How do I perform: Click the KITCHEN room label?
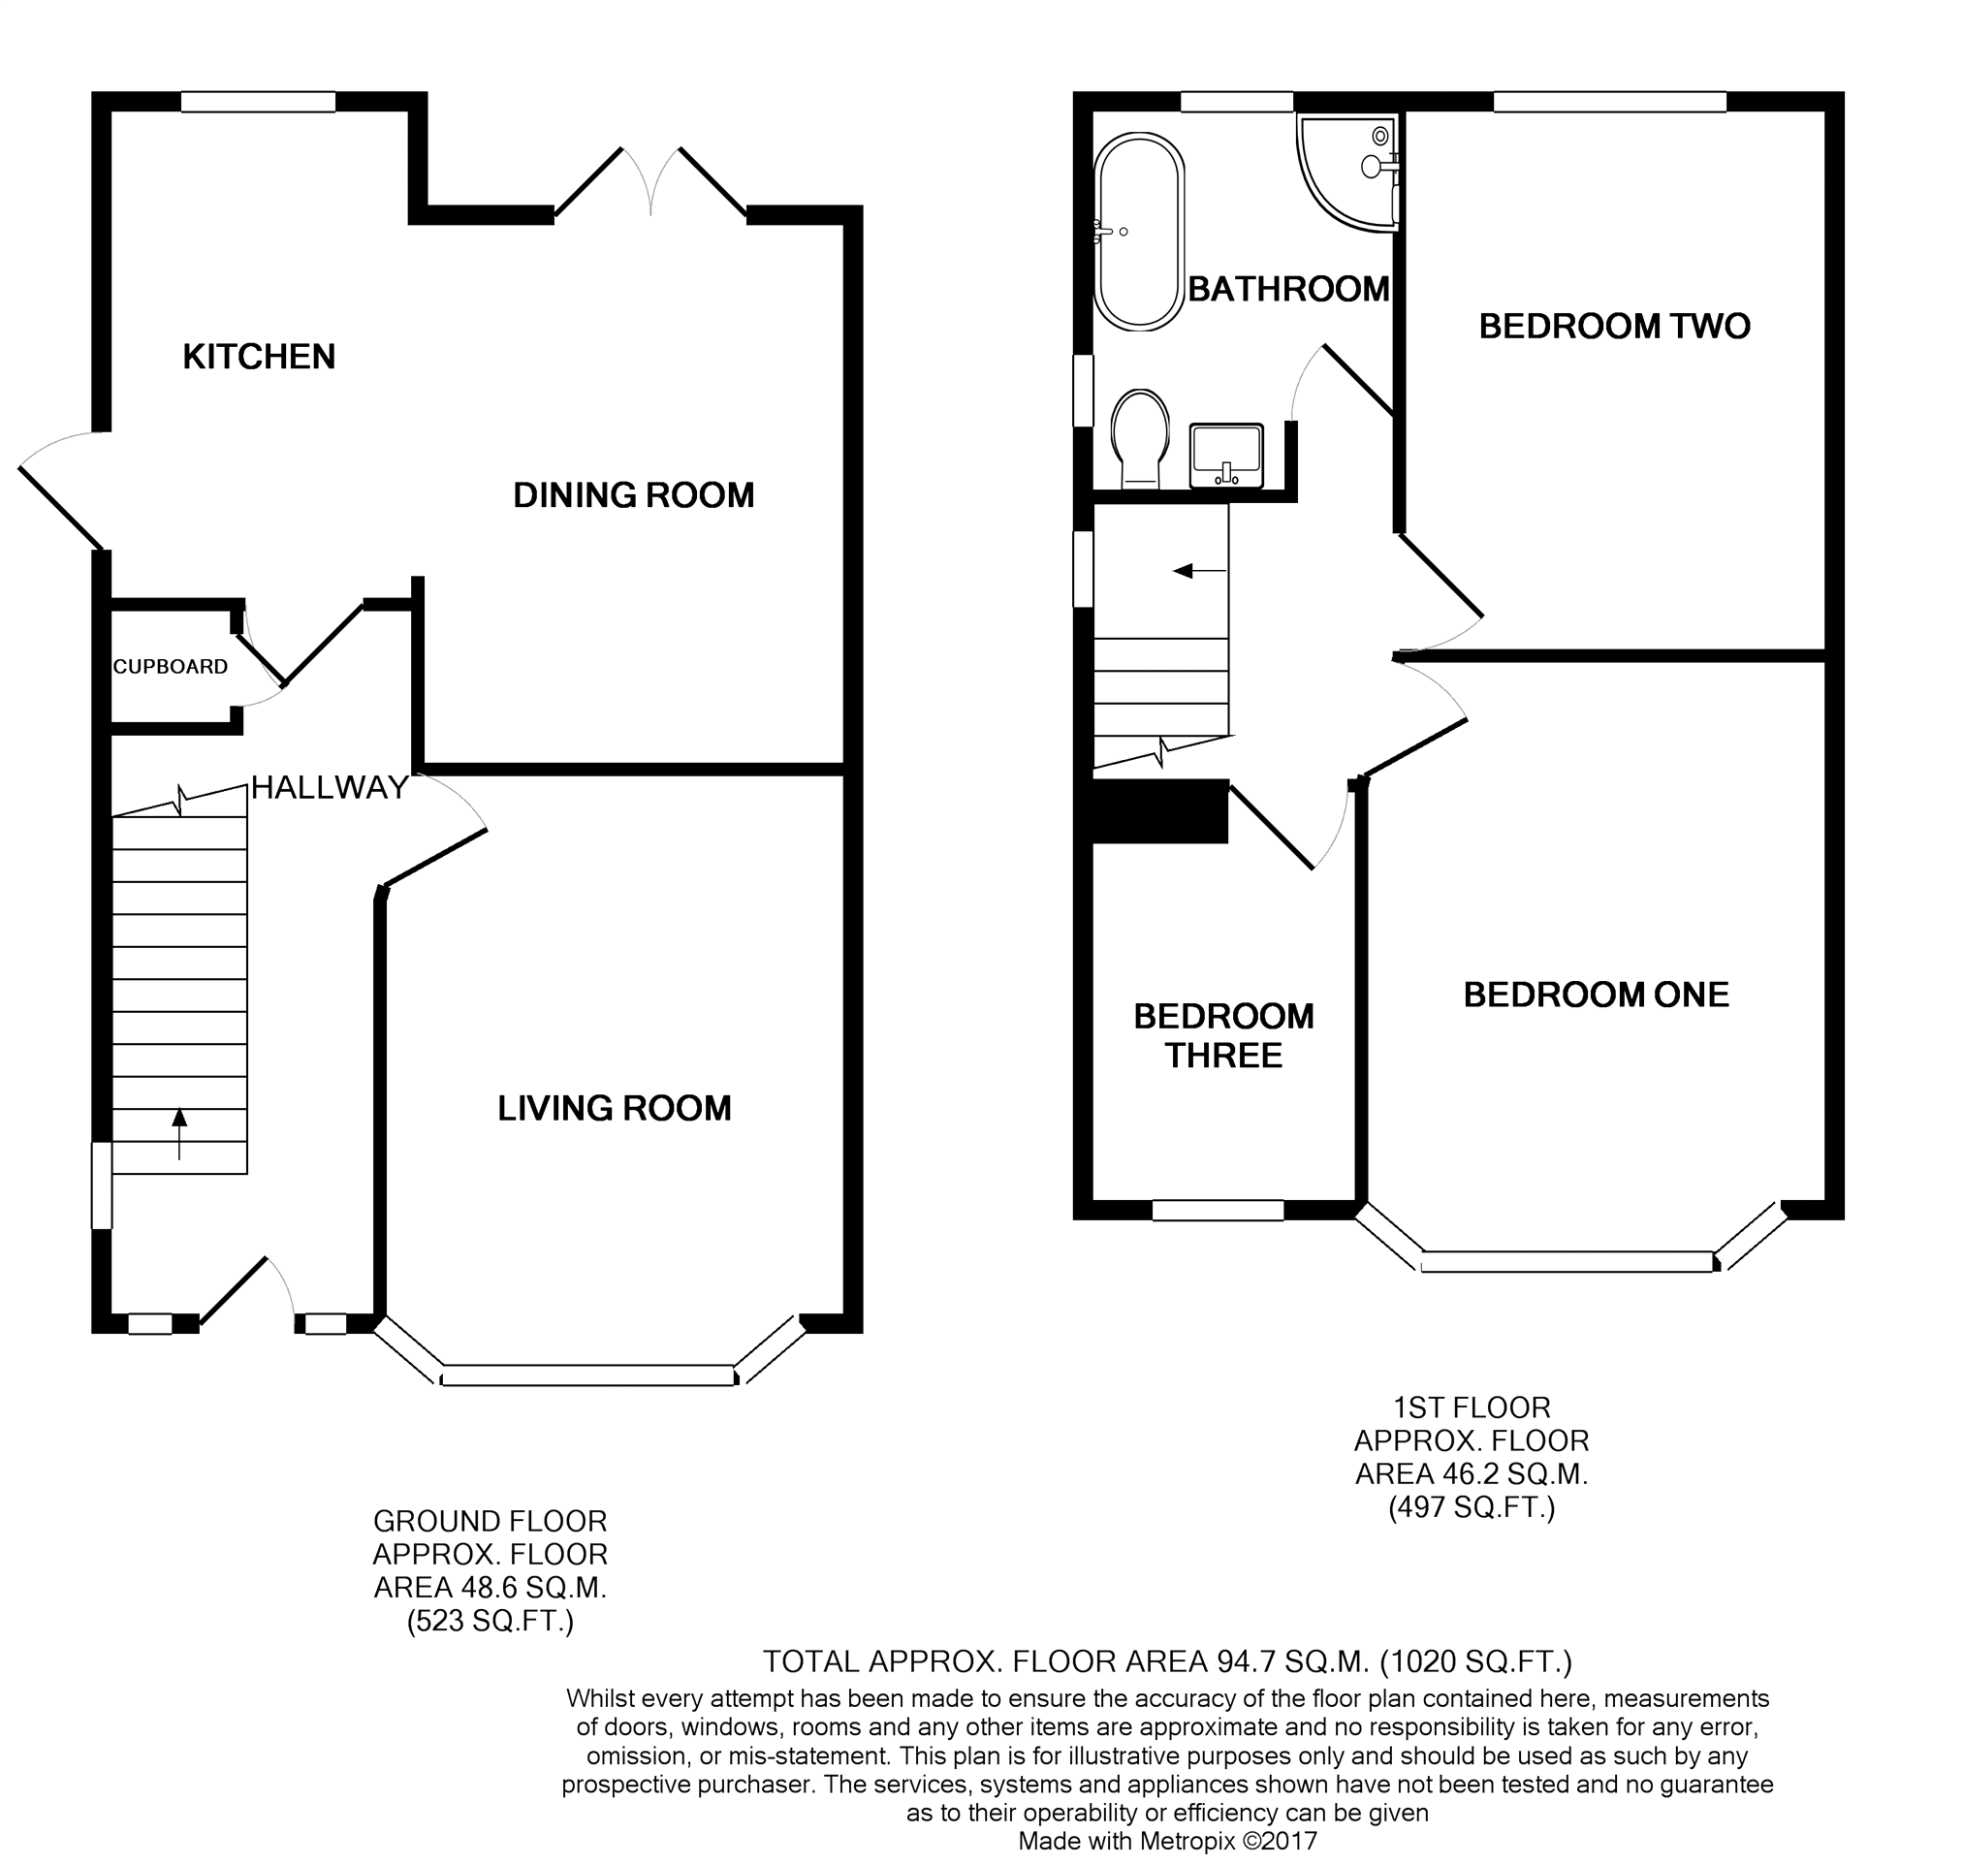(259, 356)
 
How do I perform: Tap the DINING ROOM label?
(633, 494)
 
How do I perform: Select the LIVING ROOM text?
(615, 1108)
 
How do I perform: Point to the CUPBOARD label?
(170, 666)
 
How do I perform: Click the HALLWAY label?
(329, 787)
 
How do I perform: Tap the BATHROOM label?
(1288, 288)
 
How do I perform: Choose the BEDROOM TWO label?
(1614, 325)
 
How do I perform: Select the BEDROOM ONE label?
(1597, 995)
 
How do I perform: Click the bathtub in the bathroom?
(1139, 231)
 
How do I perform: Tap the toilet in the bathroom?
(1139, 437)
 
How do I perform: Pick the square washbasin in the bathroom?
(1226, 456)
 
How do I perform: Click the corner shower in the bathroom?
(1348, 173)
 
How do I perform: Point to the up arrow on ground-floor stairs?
(179, 1133)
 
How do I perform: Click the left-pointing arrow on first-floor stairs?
(1201, 571)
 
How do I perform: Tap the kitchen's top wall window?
(258, 102)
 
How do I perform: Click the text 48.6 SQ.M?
(533, 1588)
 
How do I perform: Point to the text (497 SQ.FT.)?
(1471, 1508)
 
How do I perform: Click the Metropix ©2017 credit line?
(1167, 1841)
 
